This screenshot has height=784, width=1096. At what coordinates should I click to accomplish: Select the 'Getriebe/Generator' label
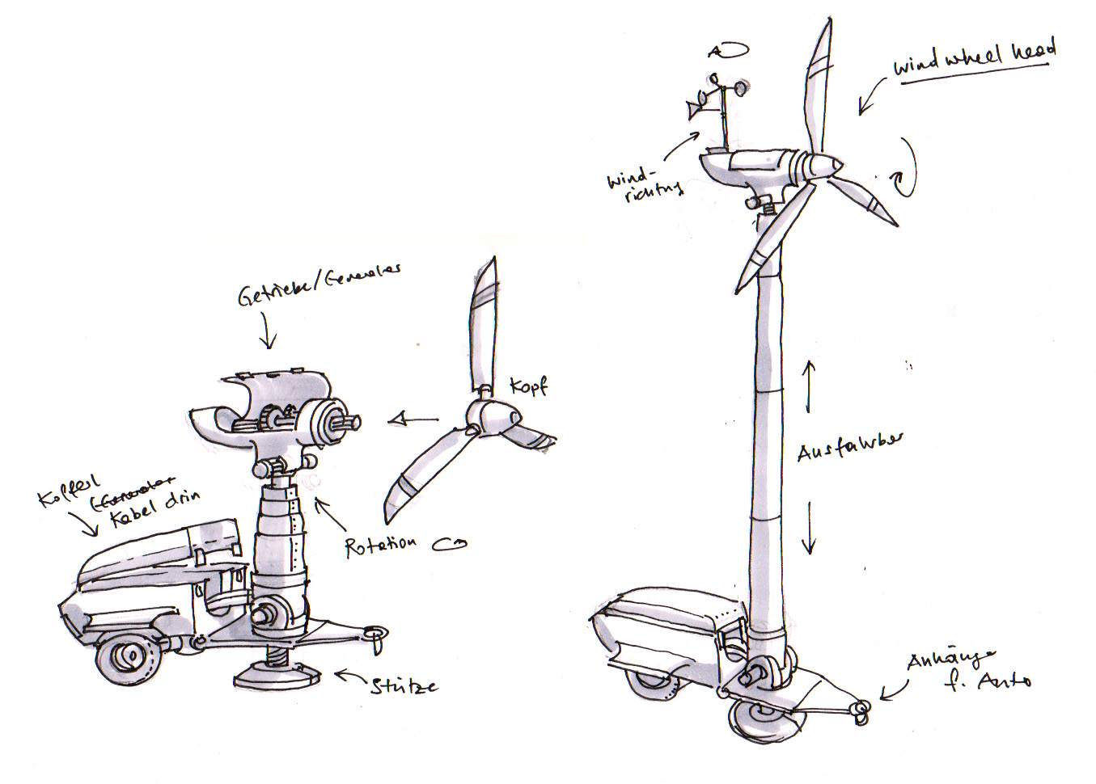click(x=319, y=285)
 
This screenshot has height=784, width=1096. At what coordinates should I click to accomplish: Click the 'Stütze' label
click(x=404, y=686)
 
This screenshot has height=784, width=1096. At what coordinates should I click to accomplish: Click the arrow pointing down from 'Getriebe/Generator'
click(x=269, y=332)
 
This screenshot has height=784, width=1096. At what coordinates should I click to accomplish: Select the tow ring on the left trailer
click(x=377, y=634)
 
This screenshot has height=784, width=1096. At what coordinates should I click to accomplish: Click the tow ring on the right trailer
click(x=861, y=710)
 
